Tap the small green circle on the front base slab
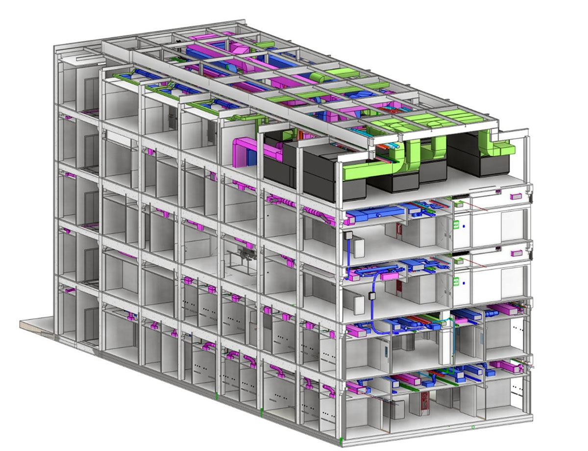point(473,427)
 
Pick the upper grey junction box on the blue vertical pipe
point(349,236)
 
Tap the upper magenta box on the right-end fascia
point(516,197)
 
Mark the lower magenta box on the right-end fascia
point(516,253)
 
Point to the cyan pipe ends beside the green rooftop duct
point(394,146)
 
